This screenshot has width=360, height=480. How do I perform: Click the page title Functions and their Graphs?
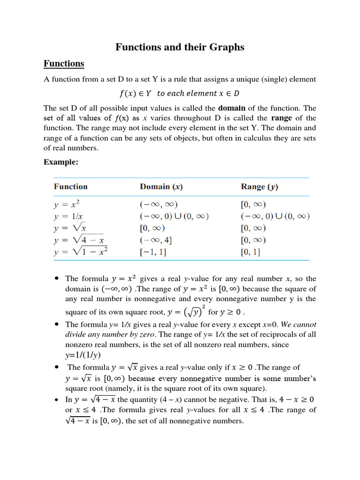click(180, 47)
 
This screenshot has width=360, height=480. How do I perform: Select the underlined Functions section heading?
click(64, 64)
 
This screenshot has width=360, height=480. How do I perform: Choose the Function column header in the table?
click(70, 187)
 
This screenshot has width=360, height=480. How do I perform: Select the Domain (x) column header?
click(161, 187)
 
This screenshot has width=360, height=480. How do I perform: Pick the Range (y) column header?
click(259, 187)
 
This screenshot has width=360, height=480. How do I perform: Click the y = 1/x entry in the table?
click(69, 217)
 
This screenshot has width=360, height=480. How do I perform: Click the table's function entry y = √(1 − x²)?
click(81, 252)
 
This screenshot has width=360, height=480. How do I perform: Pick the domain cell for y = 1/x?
click(174, 217)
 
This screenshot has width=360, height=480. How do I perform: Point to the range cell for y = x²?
click(253, 204)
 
